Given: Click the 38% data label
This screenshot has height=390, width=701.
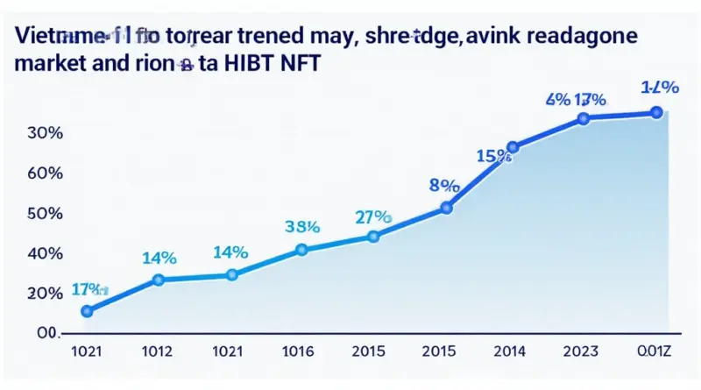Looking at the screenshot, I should point(302,225).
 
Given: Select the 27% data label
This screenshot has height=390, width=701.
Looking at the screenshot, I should point(373,216).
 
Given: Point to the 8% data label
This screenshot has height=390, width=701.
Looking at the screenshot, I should point(445,185).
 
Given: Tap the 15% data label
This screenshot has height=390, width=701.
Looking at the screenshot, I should point(493,156).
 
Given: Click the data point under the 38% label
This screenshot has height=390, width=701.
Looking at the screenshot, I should point(302,250).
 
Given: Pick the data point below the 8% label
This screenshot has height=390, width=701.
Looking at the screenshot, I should point(446,208).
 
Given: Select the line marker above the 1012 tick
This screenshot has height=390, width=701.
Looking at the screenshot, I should point(159,280).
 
